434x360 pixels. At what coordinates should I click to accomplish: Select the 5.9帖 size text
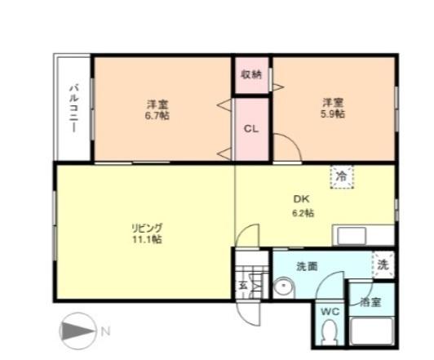point(332,113)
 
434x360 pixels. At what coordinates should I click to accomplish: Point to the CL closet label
point(252,128)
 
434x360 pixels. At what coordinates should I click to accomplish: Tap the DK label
point(303,199)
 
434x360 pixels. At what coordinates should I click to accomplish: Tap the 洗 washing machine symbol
point(383,264)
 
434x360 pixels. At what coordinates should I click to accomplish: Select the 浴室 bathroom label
point(371,301)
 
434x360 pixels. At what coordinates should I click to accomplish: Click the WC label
point(329,311)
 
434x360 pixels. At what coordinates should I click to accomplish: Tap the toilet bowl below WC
point(329,333)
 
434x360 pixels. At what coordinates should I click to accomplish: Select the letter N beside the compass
point(105,332)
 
